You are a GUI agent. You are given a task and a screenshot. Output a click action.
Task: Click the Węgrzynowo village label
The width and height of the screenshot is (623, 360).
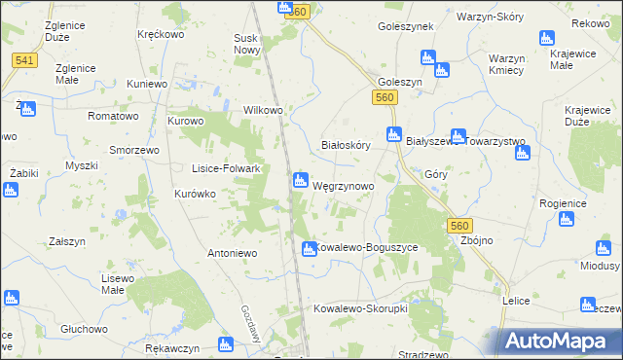[x=343, y=185]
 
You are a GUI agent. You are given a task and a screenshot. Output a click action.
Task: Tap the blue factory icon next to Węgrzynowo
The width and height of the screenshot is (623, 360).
[x=301, y=181]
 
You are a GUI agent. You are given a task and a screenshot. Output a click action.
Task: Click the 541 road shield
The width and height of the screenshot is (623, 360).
[x=25, y=60]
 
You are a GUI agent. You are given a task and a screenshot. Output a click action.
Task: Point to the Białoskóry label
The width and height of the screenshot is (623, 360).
[x=347, y=145]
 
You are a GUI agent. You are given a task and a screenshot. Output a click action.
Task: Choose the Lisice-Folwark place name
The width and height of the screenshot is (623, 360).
[x=226, y=168]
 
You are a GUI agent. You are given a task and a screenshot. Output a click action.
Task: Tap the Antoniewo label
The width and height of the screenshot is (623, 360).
[x=231, y=253]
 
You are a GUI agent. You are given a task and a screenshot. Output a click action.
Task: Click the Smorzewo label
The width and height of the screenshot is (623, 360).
[x=134, y=151]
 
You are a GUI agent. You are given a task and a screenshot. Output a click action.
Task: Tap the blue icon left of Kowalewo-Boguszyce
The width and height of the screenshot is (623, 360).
[x=308, y=249]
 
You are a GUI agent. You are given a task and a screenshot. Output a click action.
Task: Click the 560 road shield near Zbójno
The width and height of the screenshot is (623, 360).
[x=460, y=225]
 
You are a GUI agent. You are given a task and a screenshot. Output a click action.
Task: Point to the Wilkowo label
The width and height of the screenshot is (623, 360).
[x=263, y=110]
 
